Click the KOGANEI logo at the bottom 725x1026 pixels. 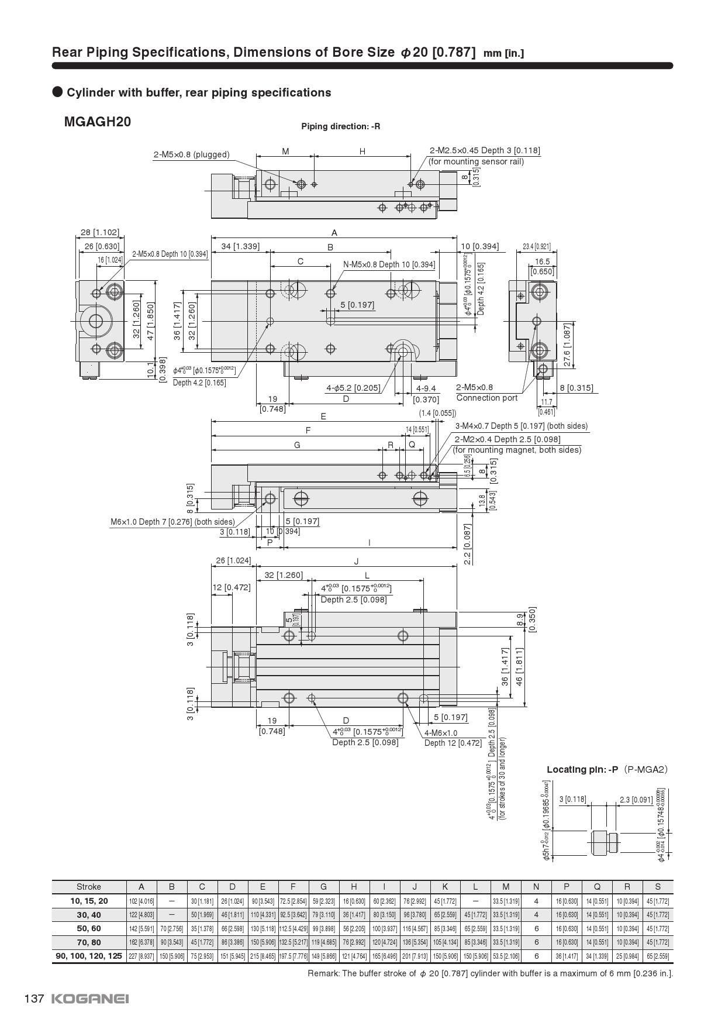[90, 999]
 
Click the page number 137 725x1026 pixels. [34, 999]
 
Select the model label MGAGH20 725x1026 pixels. [98, 122]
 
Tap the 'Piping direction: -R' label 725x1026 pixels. [340, 126]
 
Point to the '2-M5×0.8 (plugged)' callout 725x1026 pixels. [191, 155]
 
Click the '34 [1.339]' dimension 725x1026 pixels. [240, 246]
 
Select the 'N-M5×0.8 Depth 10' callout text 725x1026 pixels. [389, 264]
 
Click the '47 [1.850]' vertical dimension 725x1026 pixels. [150, 321]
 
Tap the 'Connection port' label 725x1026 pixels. [486, 398]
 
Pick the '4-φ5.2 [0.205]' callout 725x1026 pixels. [353, 387]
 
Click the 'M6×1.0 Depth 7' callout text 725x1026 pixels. [172, 521]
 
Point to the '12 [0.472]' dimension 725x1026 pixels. [231, 587]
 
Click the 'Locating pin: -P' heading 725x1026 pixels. [582, 769]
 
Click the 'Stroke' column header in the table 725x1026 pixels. [89, 887]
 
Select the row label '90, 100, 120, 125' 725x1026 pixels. [89, 956]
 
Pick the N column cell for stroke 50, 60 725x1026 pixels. [536, 928]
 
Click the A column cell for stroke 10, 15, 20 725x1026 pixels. [141, 901]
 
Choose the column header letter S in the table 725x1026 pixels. [658, 887]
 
